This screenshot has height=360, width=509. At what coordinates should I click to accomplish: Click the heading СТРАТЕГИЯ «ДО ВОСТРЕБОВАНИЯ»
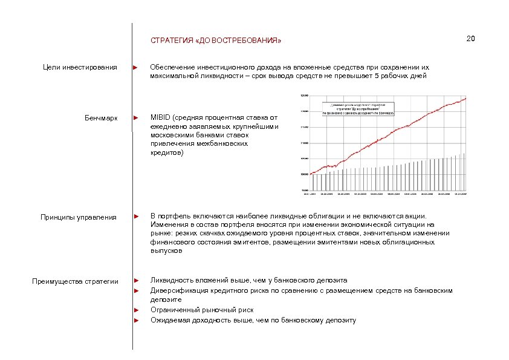pyautogui.click(x=216, y=42)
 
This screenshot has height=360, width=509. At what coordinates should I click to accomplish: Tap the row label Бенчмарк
pyautogui.click(x=102, y=117)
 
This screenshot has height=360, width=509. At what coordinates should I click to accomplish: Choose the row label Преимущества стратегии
pyautogui.click(x=75, y=281)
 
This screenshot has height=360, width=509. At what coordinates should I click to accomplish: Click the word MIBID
pyautogui.click(x=160, y=117)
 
